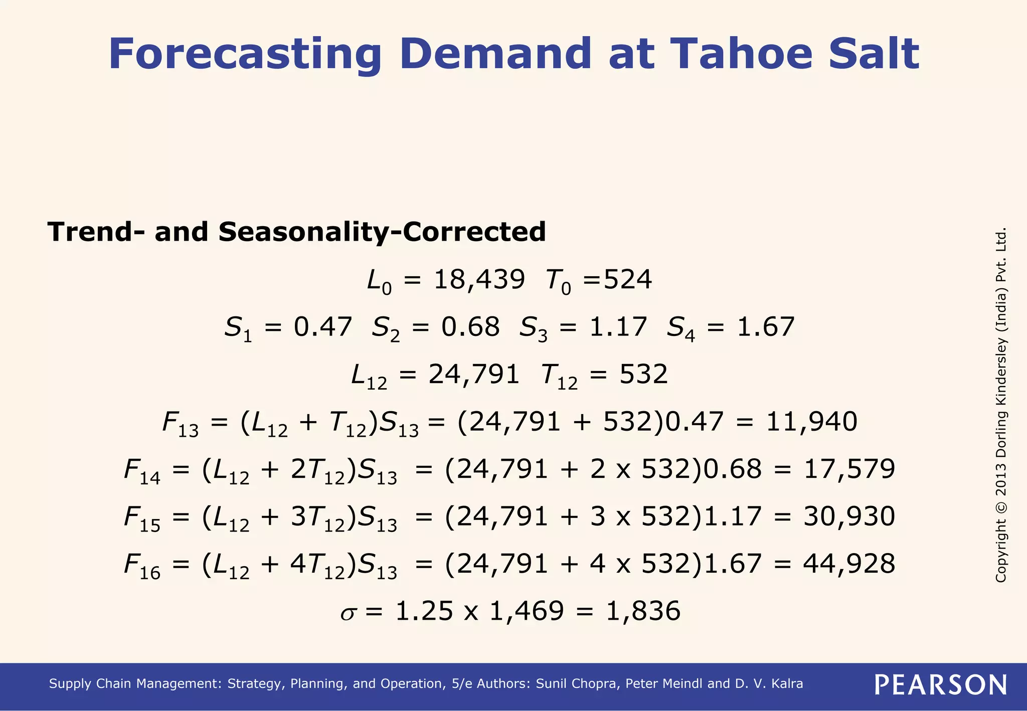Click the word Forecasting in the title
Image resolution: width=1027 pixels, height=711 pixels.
point(245,54)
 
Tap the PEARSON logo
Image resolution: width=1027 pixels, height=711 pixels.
point(940,684)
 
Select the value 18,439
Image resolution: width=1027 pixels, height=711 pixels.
point(479,280)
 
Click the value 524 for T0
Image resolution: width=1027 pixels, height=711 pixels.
point(628,280)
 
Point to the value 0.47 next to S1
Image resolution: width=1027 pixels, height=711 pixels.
point(322,327)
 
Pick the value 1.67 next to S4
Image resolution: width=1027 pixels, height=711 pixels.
point(765,327)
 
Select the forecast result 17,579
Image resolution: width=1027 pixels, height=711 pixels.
point(849,469)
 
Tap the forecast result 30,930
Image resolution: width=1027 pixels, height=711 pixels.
point(849,516)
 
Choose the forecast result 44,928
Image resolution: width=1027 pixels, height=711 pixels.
point(849,564)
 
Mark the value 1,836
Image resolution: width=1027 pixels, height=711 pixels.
point(643,611)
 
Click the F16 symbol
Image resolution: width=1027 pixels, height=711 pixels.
point(142,566)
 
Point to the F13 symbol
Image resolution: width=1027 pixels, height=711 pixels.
point(180,424)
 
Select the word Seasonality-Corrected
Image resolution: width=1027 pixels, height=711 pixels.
point(382,232)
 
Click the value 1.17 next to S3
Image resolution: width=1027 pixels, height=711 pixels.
point(618,327)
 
